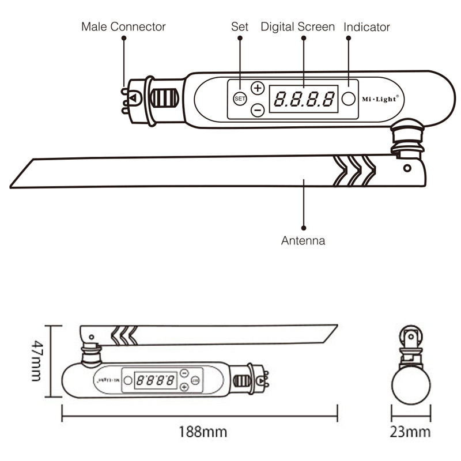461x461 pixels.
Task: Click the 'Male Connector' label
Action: [x=123, y=27]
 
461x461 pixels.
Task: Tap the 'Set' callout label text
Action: [x=240, y=27]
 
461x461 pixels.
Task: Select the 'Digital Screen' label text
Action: [x=297, y=27]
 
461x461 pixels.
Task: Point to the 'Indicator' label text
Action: [x=366, y=27]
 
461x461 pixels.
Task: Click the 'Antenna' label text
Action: [x=303, y=241]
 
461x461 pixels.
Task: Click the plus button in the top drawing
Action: [x=258, y=88]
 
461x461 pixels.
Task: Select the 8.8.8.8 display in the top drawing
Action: [x=304, y=99]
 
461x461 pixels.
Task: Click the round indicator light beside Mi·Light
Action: [x=348, y=99]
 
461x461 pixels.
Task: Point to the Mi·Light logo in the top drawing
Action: [x=380, y=99]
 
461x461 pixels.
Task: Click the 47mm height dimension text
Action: [x=36, y=361]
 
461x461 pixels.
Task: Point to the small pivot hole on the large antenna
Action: [x=407, y=168]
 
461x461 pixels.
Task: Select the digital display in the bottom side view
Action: [x=156, y=380]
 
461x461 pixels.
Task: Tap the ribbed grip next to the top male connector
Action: [x=164, y=99]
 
